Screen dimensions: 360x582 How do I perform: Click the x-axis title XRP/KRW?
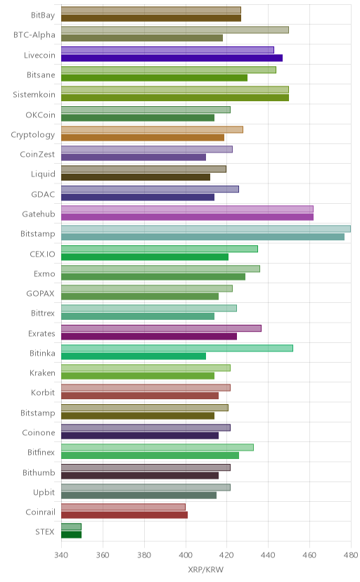[205, 569]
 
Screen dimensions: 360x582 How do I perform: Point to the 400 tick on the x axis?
[186, 555]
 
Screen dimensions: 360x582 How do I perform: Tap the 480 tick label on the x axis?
[351, 555]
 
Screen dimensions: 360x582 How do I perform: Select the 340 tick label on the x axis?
[61, 555]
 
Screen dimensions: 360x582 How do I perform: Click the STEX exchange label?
[45, 531]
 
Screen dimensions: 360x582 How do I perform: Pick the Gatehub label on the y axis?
[39, 214]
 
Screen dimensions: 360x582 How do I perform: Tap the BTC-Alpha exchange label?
[34, 35]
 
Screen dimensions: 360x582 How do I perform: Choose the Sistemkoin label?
[34, 95]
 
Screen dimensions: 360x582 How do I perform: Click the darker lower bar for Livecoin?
[172, 58]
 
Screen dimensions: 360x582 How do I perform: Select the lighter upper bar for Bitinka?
[177, 348]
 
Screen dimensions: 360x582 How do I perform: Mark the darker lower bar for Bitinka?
[134, 356]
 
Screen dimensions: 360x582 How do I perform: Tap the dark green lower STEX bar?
[71, 535]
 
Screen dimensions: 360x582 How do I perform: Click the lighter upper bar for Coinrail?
[123, 507]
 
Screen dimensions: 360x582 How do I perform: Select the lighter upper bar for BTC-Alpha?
[175, 30]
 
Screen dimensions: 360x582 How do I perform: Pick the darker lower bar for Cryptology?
[143, 138]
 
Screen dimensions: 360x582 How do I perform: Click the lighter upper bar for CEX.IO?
[160, 249]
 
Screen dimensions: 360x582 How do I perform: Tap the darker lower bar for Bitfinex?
[150, 455]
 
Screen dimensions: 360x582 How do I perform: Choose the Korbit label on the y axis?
[43, 393]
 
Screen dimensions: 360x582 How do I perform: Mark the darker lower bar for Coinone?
[140, 436]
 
